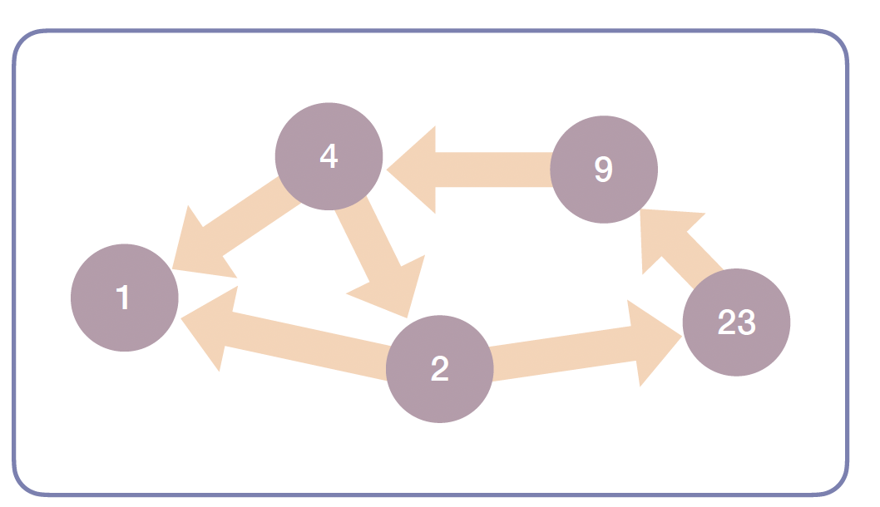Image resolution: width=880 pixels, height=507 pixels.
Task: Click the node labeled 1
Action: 124,298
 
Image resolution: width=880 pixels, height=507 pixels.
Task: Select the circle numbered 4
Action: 329,155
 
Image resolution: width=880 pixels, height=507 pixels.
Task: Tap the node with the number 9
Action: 604,170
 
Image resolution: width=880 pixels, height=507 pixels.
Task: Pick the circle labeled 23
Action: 736,322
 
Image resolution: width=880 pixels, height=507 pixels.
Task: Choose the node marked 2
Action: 440,369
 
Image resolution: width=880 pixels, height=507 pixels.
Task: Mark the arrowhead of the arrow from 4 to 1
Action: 198,250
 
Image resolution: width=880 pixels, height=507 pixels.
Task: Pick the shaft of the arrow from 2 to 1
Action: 308,344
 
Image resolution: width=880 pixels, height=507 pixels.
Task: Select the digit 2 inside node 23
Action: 727,322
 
